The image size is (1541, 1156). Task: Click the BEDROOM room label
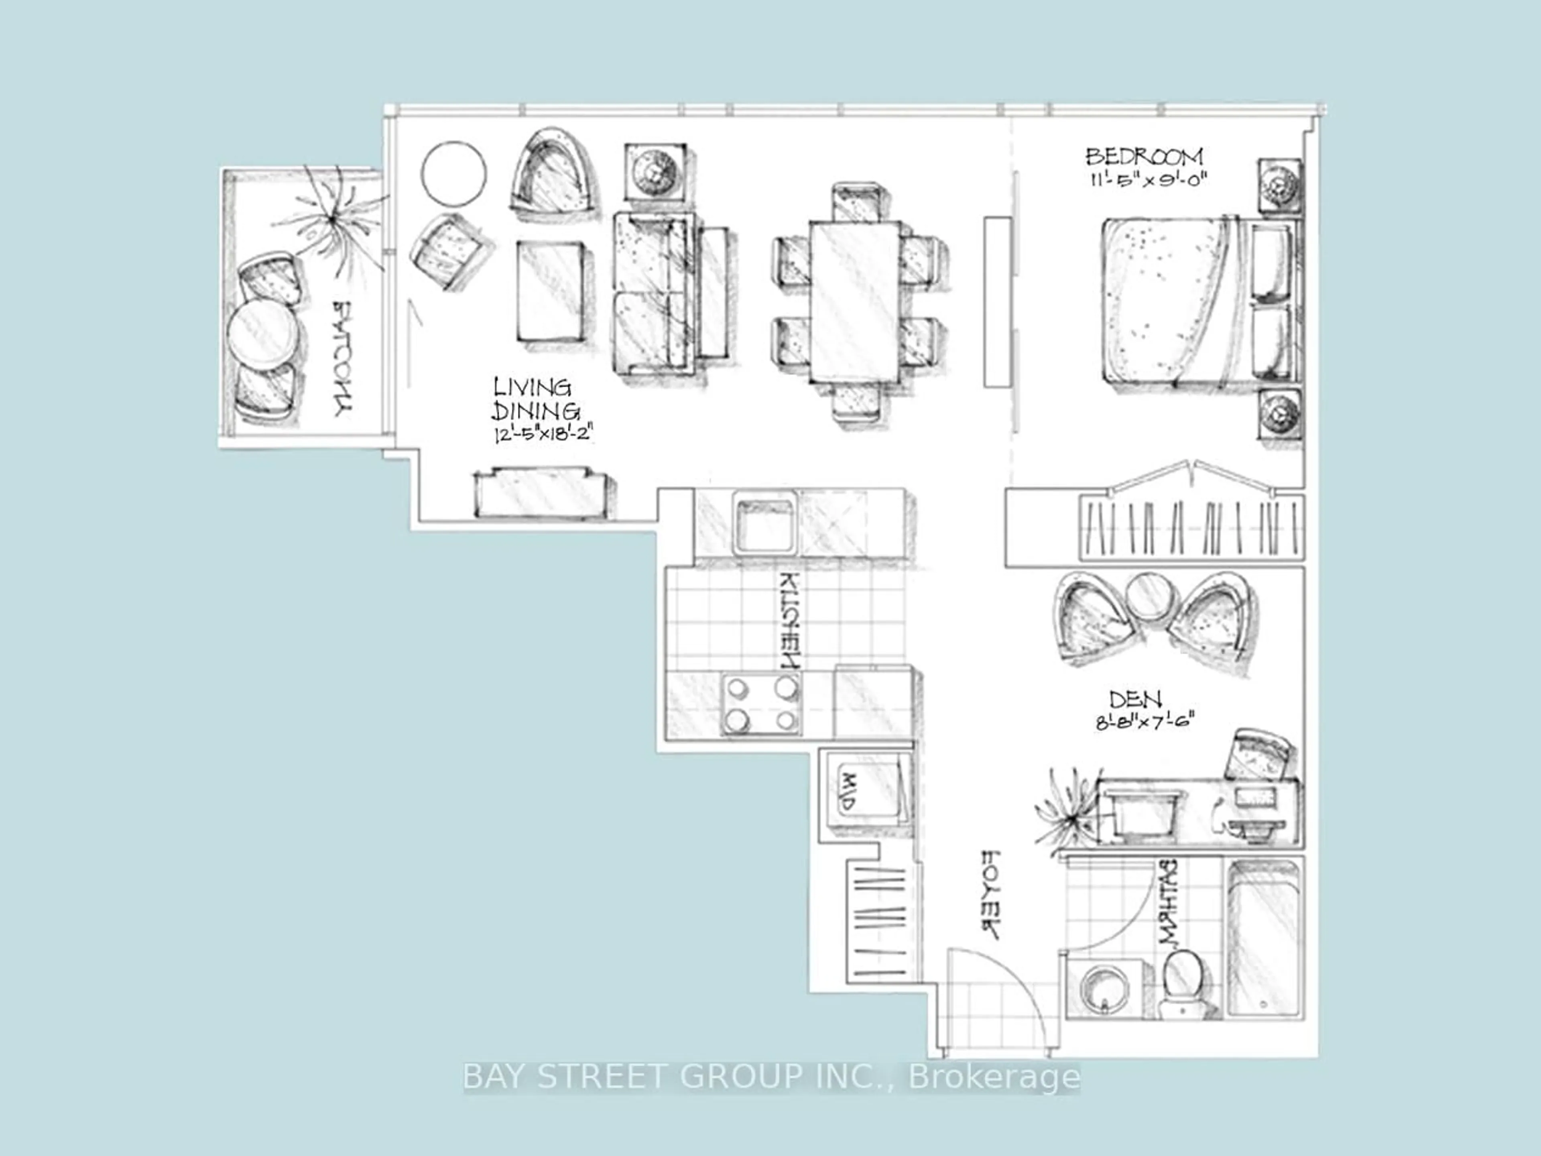click(x=1144, y=155)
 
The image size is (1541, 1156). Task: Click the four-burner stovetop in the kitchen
click(x=761, y=704)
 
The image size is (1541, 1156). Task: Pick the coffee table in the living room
click(x=550, y=291)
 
